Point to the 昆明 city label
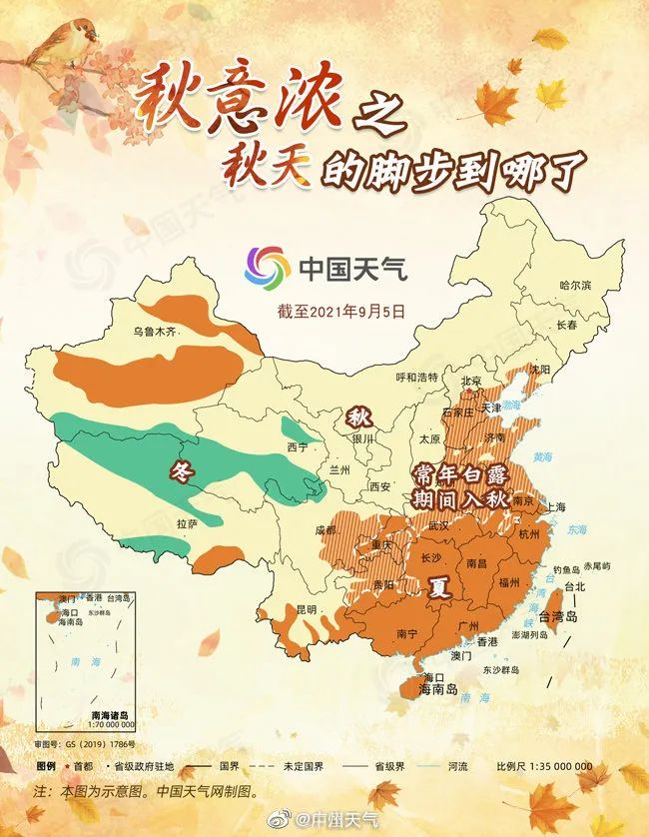[306, 608]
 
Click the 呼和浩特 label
[417, 377]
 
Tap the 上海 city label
[556, 506]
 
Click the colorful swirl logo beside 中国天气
[267, 267]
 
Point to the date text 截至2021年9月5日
[342, 311]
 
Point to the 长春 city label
[567, 325]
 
